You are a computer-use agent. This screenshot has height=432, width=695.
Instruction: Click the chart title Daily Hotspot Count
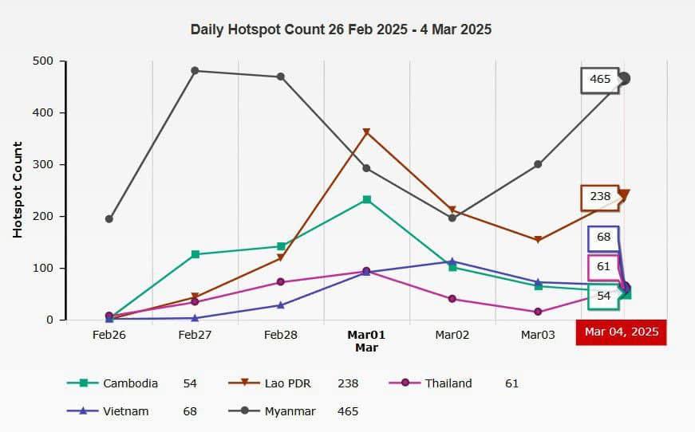pos(341,30)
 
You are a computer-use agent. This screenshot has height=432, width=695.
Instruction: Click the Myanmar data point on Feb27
pos(195,71)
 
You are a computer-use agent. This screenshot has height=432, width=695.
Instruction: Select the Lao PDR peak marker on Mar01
pos(366,132)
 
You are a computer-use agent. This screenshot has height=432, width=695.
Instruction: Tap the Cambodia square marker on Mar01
pos(366,199)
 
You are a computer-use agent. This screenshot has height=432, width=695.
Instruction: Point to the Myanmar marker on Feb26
pos(109,219)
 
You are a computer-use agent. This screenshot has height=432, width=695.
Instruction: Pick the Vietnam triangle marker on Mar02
pos(452,261)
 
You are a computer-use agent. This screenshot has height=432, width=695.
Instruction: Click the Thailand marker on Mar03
pos(538,312)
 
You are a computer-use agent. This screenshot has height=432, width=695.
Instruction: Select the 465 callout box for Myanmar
pos(600,80)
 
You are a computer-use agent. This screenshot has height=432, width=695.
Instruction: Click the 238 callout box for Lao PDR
pos(600,197)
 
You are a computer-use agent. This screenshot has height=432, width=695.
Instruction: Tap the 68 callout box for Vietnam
pos(603,238)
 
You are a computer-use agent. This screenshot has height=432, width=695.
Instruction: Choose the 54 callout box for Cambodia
pos(604,296)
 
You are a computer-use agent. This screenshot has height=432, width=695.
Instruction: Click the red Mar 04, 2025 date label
pos(621,332)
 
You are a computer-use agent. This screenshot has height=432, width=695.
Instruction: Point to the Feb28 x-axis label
pos(280,336)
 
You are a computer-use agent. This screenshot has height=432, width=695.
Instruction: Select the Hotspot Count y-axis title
pos(18,190)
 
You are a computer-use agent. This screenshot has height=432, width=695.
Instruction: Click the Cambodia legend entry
pos(129,383)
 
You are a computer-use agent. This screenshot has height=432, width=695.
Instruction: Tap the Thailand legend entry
pos(448,383)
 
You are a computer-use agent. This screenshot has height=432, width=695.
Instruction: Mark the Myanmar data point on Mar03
pos(538,164)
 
